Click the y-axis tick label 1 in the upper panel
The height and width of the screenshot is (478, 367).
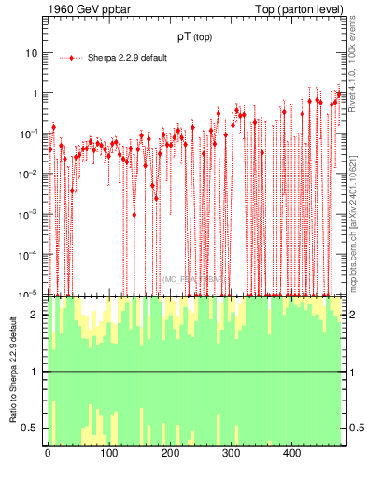[35, 93]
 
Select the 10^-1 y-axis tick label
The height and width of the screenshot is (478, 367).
[29, 134]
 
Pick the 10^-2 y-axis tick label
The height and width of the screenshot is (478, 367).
[29, 174]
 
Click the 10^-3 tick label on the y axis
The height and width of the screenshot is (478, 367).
[29, 214]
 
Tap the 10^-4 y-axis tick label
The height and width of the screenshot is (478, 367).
[29, 254]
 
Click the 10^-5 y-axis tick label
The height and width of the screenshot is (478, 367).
[29, 294]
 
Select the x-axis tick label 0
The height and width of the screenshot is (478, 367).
[48, 455]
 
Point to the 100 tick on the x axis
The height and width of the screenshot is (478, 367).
[108, 455]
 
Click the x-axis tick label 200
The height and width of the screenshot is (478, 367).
[170, 455]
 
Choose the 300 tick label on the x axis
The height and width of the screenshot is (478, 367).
[231, 455]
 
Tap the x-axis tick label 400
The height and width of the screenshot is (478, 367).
[291, 455]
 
